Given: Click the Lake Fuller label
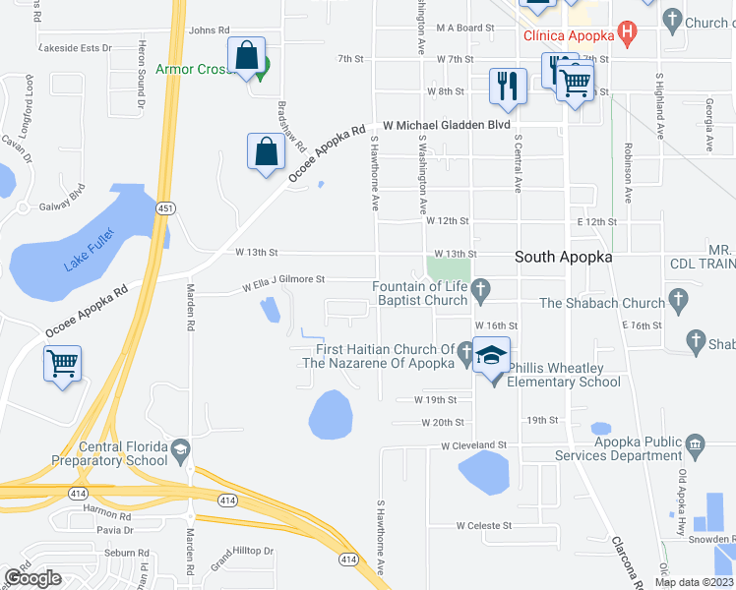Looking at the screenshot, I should [89, 249].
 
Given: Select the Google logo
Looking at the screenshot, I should [32, 578].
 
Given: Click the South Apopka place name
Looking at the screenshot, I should [564, 257].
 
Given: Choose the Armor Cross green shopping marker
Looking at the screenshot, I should [262, 69].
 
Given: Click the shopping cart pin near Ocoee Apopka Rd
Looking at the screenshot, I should [62, 364].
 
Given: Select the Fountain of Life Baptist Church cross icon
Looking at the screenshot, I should [481, 288].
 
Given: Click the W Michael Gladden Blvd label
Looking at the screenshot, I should [447, 126].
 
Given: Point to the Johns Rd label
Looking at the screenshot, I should [209, 30].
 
